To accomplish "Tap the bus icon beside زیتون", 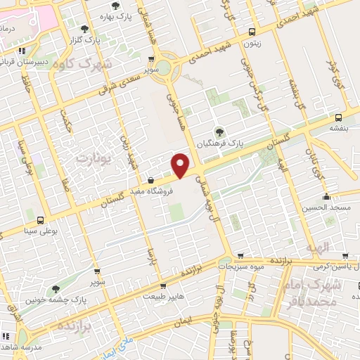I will (x=252, y=32).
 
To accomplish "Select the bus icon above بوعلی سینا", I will (x=39, y=220).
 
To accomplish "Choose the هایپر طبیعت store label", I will (x=163, y=297).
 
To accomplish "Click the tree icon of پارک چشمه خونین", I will (x=56, y=289).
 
